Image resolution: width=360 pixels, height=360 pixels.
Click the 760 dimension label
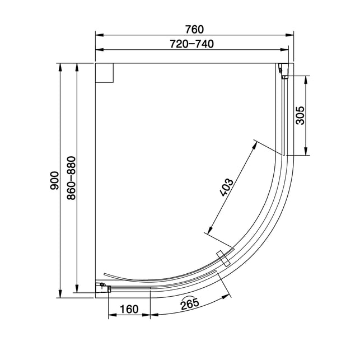(194, 29)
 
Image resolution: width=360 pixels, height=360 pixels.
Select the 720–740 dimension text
(191, 44)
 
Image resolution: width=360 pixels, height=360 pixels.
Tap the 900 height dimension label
(55, 180)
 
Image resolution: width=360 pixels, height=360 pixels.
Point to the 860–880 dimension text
(71, 178)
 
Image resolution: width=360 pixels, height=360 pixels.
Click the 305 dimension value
(300, 115)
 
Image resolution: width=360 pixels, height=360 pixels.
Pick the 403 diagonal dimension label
(227, 188)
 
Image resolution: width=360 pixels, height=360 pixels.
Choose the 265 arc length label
(189, 303)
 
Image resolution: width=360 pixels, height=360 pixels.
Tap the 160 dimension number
(129, 309)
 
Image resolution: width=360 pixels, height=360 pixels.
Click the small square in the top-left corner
(104, 73)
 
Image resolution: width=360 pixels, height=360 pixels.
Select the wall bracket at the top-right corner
(283, 71)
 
